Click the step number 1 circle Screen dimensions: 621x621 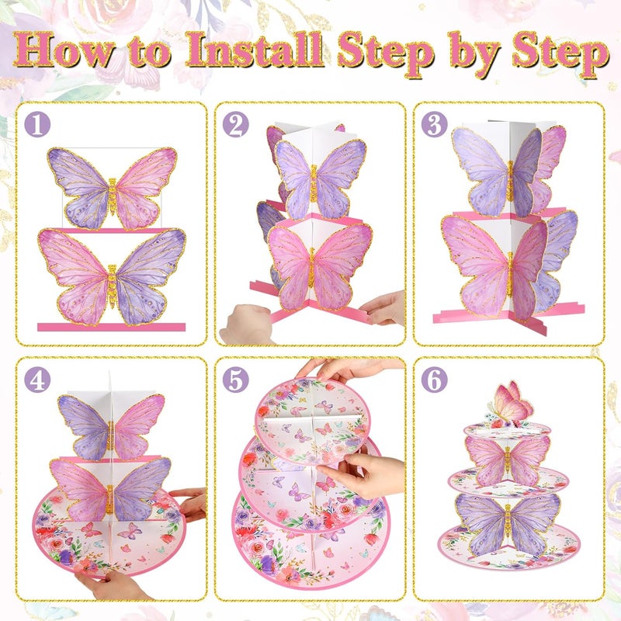[x=37, y=124]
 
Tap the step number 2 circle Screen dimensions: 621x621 [x=236, y=124]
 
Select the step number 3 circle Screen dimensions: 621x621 [x=435, y=124]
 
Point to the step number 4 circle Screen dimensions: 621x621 [x=37, y=380]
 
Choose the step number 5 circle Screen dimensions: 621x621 [x=236, y=380]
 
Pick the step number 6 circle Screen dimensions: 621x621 [x=435, y=380]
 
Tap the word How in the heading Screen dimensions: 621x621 [x=64, y=50]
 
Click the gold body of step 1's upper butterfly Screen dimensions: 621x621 [x=113, y=196]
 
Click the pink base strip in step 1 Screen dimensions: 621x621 [x=111, y=327]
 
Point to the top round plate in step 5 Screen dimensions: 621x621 [x=313, y=421]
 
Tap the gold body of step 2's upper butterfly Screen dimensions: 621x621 [x=314, y=183]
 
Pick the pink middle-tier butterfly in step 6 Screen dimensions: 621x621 [x=508, y=460]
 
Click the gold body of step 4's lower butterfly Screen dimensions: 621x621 [x=109, y=498]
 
